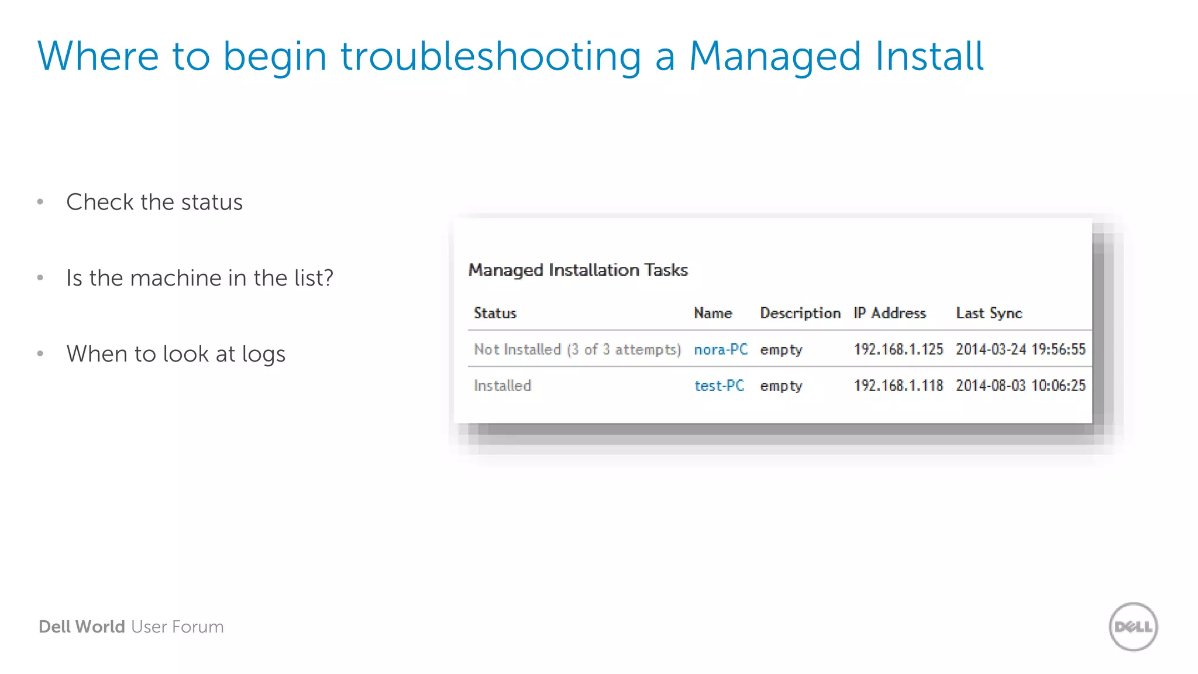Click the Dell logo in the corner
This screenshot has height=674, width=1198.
click(1133, 627)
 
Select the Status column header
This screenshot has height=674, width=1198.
click(495, 313)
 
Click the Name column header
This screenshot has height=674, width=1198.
click(712, 313)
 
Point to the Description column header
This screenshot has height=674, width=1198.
click(800, 313)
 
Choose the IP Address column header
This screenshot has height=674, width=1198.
click(889, 313)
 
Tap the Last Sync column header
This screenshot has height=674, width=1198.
click(989, 313)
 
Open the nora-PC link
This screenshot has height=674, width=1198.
click(721, 349)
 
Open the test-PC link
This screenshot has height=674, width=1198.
click(719, 386)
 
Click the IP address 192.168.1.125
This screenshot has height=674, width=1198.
click(898, 349)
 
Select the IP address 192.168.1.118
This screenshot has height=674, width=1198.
click(898, 386)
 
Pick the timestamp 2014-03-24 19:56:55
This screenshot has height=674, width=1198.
click(1020, 349)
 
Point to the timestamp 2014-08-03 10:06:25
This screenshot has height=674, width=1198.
click(1020, 386)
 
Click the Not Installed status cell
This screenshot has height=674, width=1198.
click(577, 349)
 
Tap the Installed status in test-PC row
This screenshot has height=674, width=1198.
click(502, 386)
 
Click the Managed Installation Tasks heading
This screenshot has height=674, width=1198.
click(578, 270)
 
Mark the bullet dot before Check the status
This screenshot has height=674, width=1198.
click(40, 202)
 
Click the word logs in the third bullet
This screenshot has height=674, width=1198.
click(263, 355)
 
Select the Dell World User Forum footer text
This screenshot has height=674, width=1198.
click(131, 627)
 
